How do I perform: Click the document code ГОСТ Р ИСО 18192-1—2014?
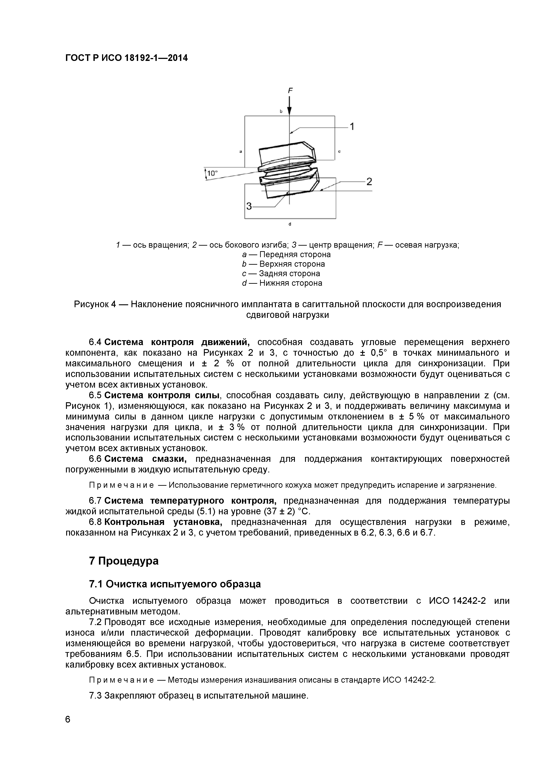(x=126, y=58)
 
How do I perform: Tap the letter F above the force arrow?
(x=290, y=91)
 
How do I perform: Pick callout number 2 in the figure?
(x=369, y=182)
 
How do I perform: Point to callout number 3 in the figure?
(x=249, y=206)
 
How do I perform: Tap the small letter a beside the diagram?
(x=240, y=152)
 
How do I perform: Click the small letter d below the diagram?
(x=290, y=224)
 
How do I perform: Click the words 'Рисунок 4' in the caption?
(x=95, y=304)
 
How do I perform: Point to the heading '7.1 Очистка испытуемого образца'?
(x=175, y=584)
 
